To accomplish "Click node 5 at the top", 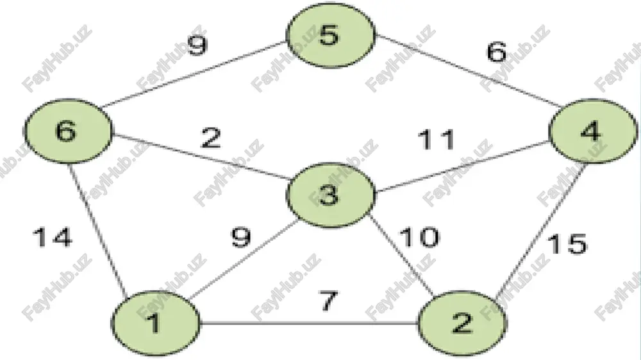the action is pyautogui.click(x=331, y=35).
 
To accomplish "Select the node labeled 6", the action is pyautogui.click(x=68, y=131).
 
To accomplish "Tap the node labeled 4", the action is pyautogui.click(x=593, y=131).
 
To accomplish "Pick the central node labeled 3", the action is pyautogui.click(x=331, y=195).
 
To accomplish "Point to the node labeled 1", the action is pyautogui.click(x=156, y=323).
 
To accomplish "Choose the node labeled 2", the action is pyautogui.click(x=462, y=323).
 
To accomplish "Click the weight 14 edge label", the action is pyautogui.click(x=53, y=238).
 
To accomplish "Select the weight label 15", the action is pyautogui.click(x=567, y=244).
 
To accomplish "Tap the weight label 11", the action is pyautogui.click(x=436, y=140).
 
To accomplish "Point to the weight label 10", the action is pyautogui.click(x=419, y=237).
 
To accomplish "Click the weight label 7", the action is pyautogui.click(x=329, y=301).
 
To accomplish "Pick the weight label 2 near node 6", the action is pyautogui.click(x=212, y=138).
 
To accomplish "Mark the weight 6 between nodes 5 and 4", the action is pyautogui.click(x=497, y=52).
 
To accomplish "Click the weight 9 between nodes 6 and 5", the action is pyautogui.click(x=197, y=45).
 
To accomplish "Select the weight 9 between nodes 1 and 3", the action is pyautogui.click(x=241, y=238).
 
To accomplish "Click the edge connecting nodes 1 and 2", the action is pyautogui.click(x=310, y=324).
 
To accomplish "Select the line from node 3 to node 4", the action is pyautogui.click(x=462, y=167).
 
